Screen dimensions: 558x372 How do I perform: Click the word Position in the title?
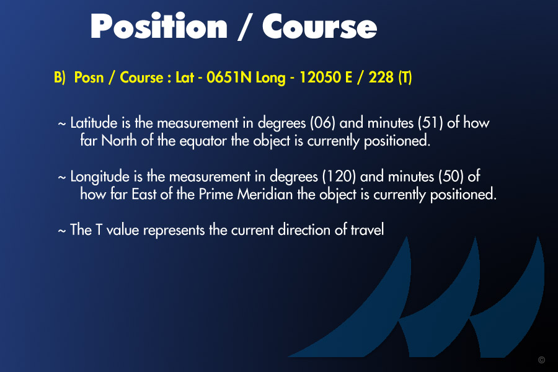click(159, 25)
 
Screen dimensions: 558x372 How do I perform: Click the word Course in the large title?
click(319, 27)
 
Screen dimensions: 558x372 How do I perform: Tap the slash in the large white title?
click(244, 27)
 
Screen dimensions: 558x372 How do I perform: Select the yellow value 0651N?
click(229, 77)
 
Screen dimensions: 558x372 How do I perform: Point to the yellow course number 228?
click(381, 77)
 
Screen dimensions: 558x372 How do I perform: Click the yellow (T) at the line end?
click(405, 77)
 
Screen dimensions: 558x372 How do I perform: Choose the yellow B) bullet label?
click(60, 77)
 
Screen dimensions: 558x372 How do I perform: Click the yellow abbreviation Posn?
click(89, 77)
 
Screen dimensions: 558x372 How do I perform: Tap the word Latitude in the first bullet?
click(94, 123)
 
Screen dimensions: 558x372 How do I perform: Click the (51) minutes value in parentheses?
click(431, 123)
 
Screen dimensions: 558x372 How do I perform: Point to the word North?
click(119, 141)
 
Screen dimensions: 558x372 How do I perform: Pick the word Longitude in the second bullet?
click(100, 177)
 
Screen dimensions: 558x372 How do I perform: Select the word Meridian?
click(265, 194)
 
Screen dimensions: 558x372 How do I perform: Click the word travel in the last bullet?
click(367, 229)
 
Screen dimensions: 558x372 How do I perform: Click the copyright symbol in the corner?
click(542, 360)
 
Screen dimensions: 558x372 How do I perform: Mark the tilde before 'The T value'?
click(61, 231)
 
